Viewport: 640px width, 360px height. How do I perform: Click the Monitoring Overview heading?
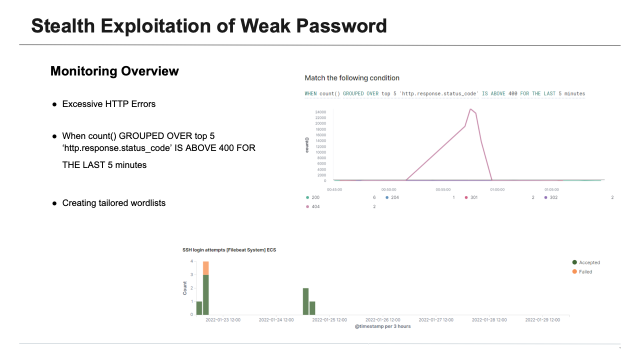pos(114,71)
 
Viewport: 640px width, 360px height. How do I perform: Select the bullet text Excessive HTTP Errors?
pos(108,104)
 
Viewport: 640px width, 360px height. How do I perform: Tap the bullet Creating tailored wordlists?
pos(113,203)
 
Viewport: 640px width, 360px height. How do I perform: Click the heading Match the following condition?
pos(352,78)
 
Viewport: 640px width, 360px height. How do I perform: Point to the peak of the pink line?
pos(470,109)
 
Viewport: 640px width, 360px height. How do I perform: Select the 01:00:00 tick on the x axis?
pos(497,189)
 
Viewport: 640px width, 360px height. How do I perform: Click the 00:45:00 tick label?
pos(334,189)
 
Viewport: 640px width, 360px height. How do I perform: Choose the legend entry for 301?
pos(473,197)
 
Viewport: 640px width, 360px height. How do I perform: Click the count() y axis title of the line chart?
pos(307,145)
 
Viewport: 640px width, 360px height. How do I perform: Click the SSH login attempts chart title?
pos(229,249)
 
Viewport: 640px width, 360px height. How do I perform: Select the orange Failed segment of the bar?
pos(205,268)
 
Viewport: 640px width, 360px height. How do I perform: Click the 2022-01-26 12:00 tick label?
pos(382,320)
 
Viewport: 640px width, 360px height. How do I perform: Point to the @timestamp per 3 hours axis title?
pos(382,326)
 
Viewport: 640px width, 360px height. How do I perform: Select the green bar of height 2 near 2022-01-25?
pos(305,301)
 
